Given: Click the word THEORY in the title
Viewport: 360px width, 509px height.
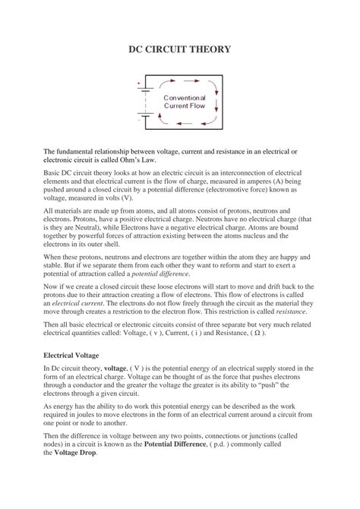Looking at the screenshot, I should pos(215,49).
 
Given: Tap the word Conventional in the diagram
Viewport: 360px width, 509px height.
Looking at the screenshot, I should pos(184,98).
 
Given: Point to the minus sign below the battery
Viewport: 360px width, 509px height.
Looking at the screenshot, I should pos(139,119).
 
